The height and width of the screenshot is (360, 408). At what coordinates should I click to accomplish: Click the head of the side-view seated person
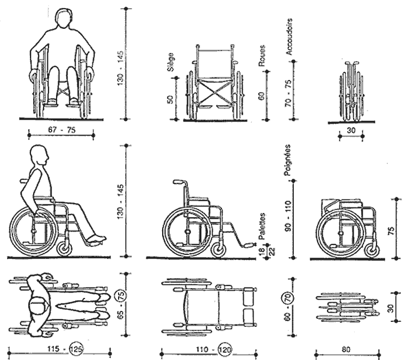pyautogui.click(x=39, y=156)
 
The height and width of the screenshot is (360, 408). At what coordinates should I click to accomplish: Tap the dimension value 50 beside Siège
pyautogui.click(x=170, y=100)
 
